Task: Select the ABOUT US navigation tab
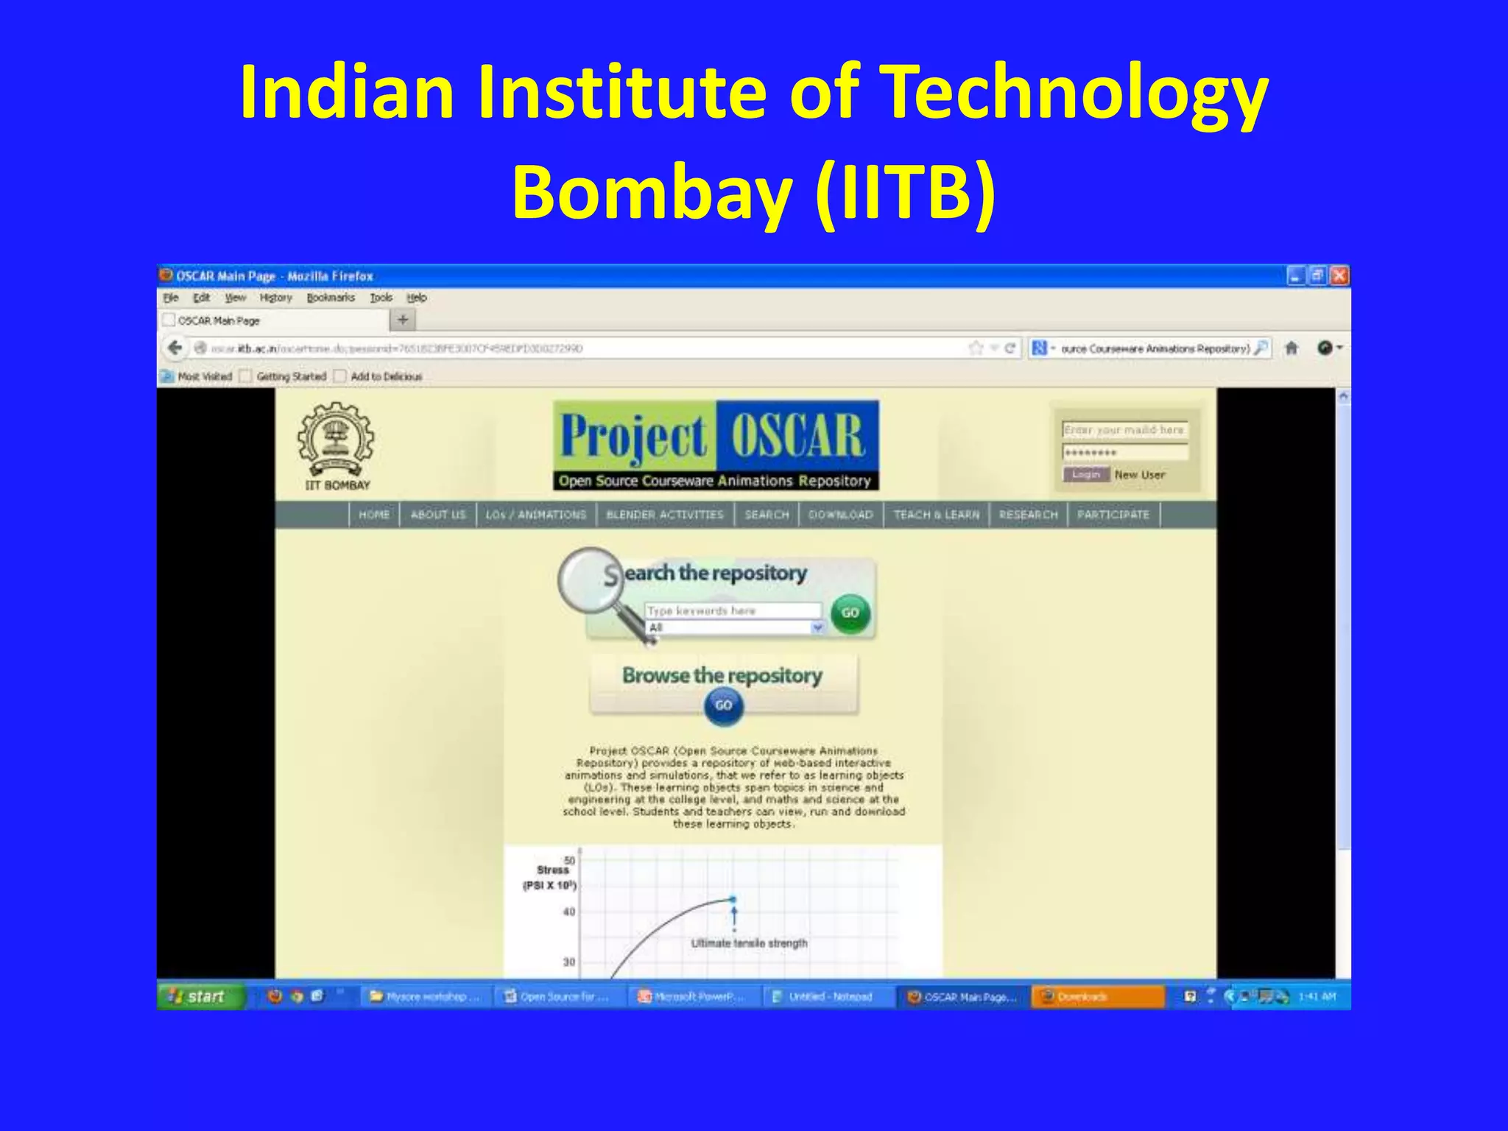click(438, 515)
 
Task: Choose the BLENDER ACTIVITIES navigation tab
click(664, 515)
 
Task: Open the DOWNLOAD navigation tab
click(840, 515)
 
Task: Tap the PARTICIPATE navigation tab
click(1113, 515)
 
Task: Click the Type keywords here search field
click(733, 610)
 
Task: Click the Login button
click(1085, 475)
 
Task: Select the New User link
click(1139, 475)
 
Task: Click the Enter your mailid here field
click(1124, 430)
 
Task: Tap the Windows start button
click(199, 996)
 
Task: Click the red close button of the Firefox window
click(1339, 276)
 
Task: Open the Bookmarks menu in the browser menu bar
click(331, 297)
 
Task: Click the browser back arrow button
click(175, 348)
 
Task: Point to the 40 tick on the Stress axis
click(569, 912)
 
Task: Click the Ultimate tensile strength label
click(749, 943)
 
